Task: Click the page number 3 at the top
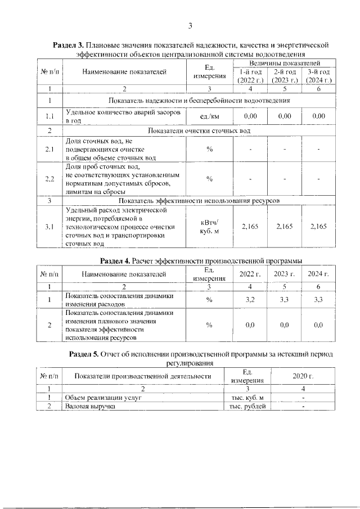190,25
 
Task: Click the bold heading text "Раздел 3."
67,44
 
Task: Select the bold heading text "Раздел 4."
115,261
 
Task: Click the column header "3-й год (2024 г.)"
318,76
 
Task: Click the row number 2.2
49,179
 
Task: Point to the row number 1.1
49,116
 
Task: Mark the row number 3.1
49,227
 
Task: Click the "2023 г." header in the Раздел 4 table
284,274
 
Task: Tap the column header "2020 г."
303,376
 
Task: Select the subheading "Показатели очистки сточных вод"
199,130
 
